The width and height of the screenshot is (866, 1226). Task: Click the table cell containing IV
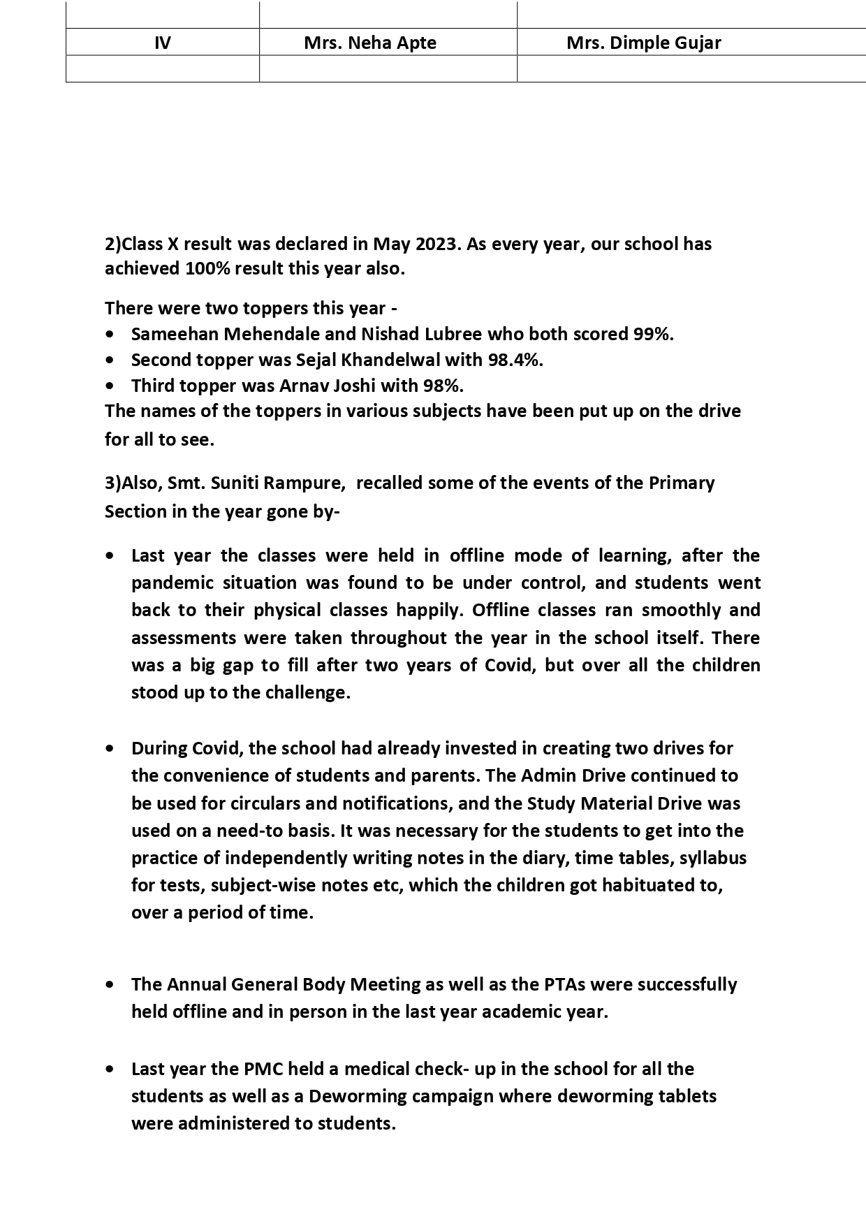coord(162,43)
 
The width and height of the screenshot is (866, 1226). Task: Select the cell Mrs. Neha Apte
coord(370,43)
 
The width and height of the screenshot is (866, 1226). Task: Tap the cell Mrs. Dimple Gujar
coord(643,43)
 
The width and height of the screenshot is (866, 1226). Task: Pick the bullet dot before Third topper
coord(110,386)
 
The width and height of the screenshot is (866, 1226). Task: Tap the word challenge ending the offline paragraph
coord(307,693)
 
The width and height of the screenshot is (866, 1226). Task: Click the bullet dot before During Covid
coord(110,748)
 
